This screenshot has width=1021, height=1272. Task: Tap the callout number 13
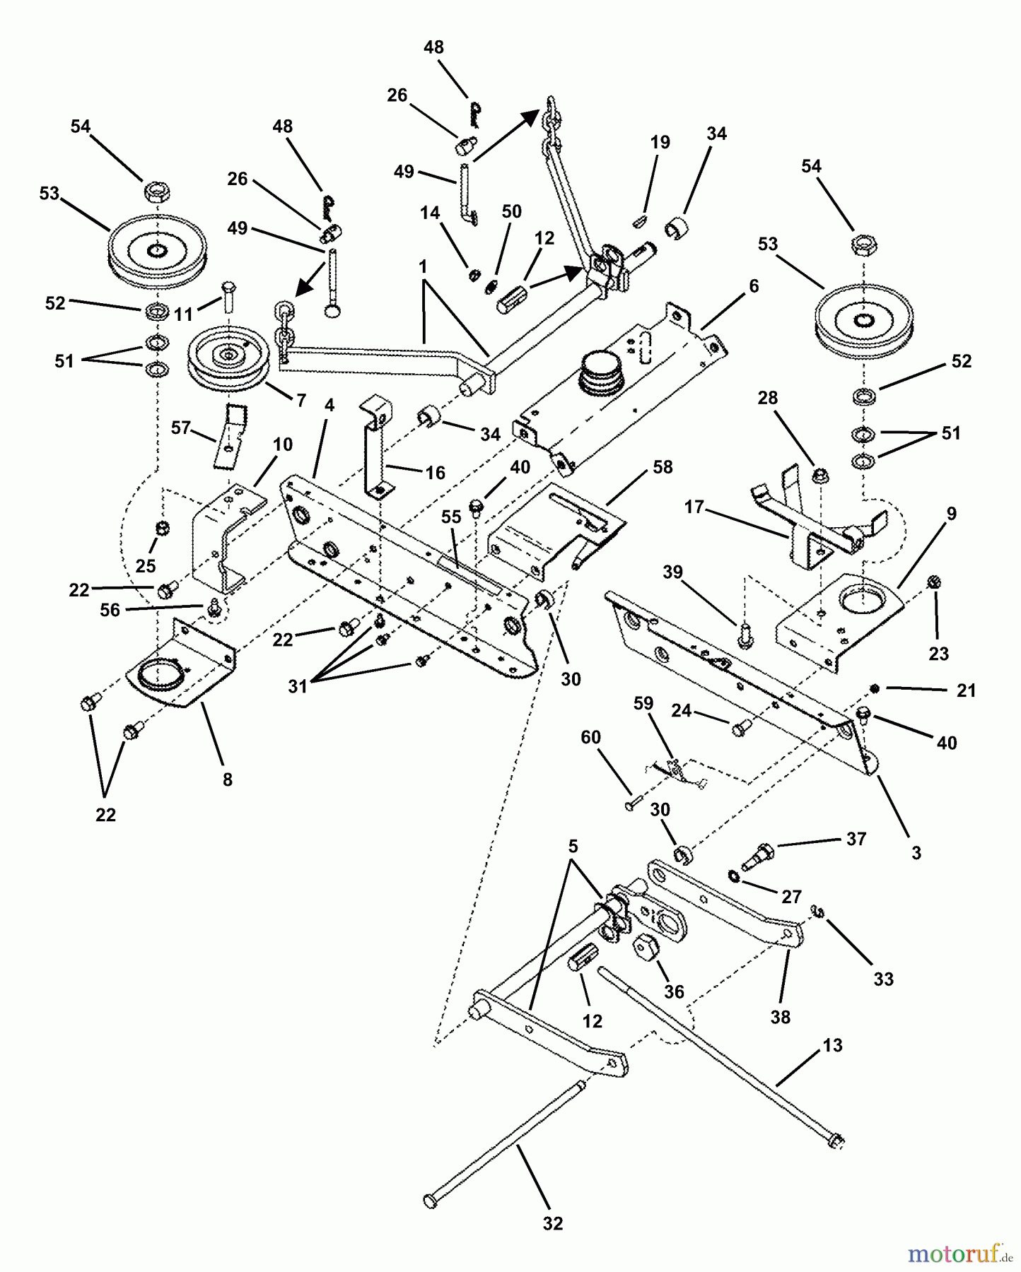pyautogui.click(x=833, y=1045)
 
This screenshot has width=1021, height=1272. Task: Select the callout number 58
pyautogui.click(x=663, y=467)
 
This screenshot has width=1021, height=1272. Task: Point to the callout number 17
pyautogui.click(x=694, y=507)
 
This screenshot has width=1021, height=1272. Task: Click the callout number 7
pyautogui.click(x=301, y=401)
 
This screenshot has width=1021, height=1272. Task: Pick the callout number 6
pyautogui.click(x=753, y=285)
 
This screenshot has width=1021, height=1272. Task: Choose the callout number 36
pyautogui.click(x=674, y=991)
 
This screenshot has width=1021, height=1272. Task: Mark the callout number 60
pyautogui.click(x=590, y=737)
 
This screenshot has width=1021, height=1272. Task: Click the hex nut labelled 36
pyautogui.click(x=645, y=946)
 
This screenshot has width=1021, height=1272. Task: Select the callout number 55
pyautogui.click(x=451, y=517)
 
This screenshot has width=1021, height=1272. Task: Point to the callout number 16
pyautogui.click(x=436, y=472)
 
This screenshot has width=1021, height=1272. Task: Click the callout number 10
pyautogui.click(x=282, y=444)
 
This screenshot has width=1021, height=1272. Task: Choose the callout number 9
pyautogui.click(x=951, y=514)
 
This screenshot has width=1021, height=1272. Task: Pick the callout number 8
pyautogui.click(x=227, y=779)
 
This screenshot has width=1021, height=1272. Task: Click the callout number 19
pyautogui.click(x=660, y=142)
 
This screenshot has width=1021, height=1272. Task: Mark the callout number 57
pyautogui.click(x=181, y=428)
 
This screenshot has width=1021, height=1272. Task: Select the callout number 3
pyautogui.click(x=916, y=853)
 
